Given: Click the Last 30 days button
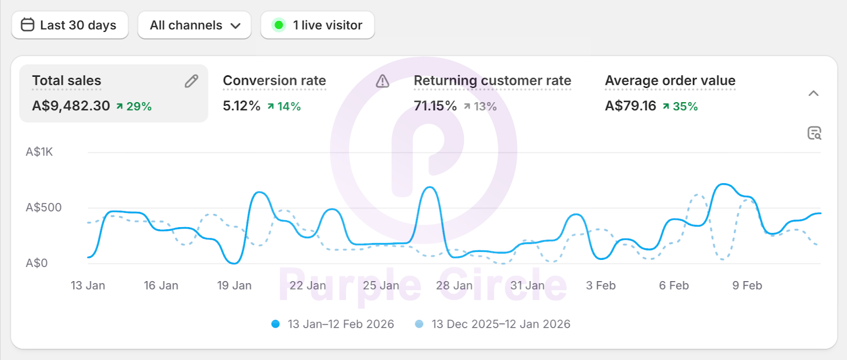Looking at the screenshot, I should [69, 25].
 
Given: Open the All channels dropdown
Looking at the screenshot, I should [194, 25].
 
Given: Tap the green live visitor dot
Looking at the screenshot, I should [278, 25].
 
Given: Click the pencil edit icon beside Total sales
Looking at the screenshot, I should [191, 81].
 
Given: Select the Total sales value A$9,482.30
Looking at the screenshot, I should [71, 106].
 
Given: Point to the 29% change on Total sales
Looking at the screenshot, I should [134, 106].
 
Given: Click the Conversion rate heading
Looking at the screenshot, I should [274, 80].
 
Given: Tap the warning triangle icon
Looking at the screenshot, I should [382, 81].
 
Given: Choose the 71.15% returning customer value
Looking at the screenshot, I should [435, 106].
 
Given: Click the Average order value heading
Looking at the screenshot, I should [670, 80].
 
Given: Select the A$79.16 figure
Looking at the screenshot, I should [630, 106].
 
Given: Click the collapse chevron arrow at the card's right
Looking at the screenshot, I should [814, 94].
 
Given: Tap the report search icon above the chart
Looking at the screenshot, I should [814, 133].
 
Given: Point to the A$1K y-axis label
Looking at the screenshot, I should [39, 152].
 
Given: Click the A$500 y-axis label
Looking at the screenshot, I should [43, 208].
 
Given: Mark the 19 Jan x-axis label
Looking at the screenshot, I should [234, 286].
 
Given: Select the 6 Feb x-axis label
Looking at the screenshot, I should [674, 286].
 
